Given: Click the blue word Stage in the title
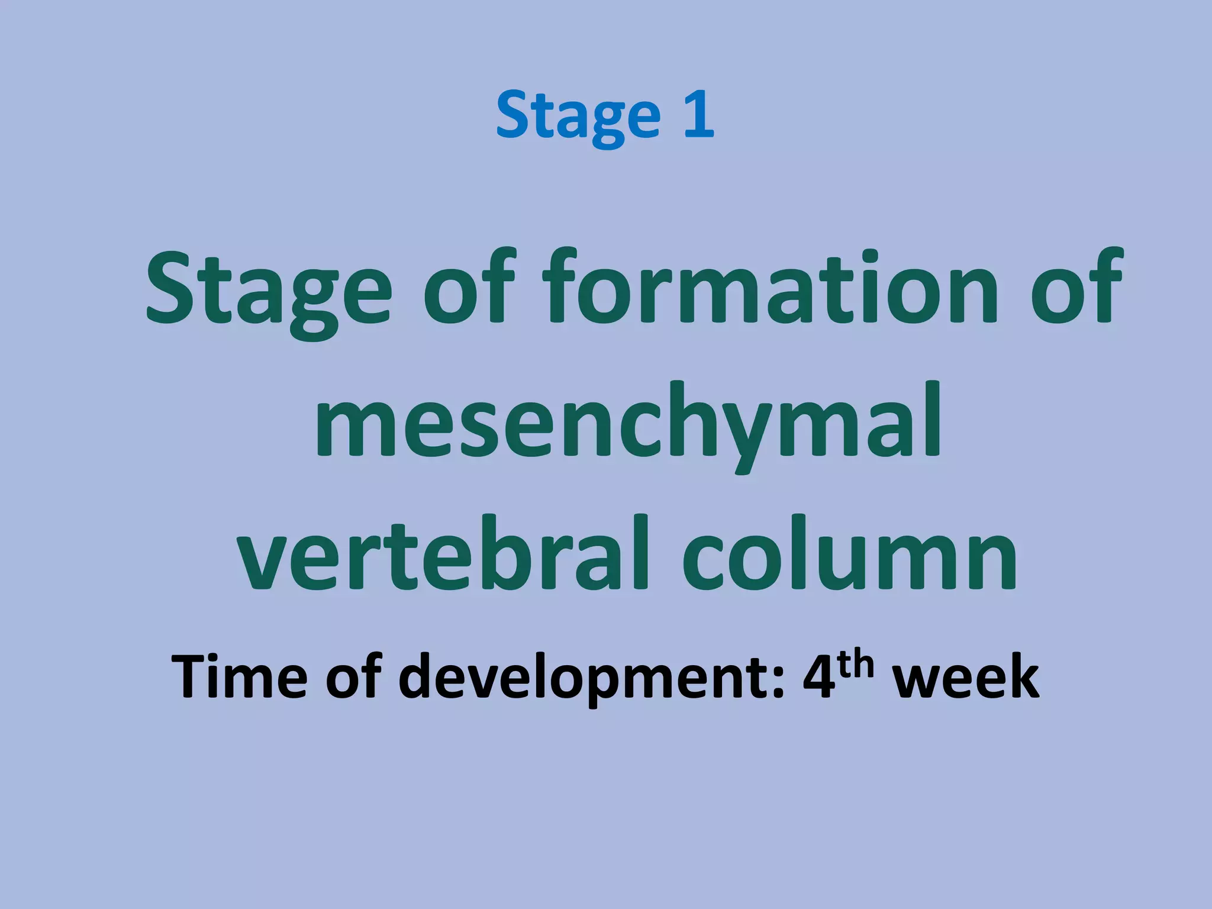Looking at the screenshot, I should click(x=578, y=117).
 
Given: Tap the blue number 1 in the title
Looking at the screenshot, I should click(x=699, y=114).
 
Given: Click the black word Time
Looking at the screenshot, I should click(x=239, y=678).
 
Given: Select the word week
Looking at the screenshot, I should click(x=965, y=678).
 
